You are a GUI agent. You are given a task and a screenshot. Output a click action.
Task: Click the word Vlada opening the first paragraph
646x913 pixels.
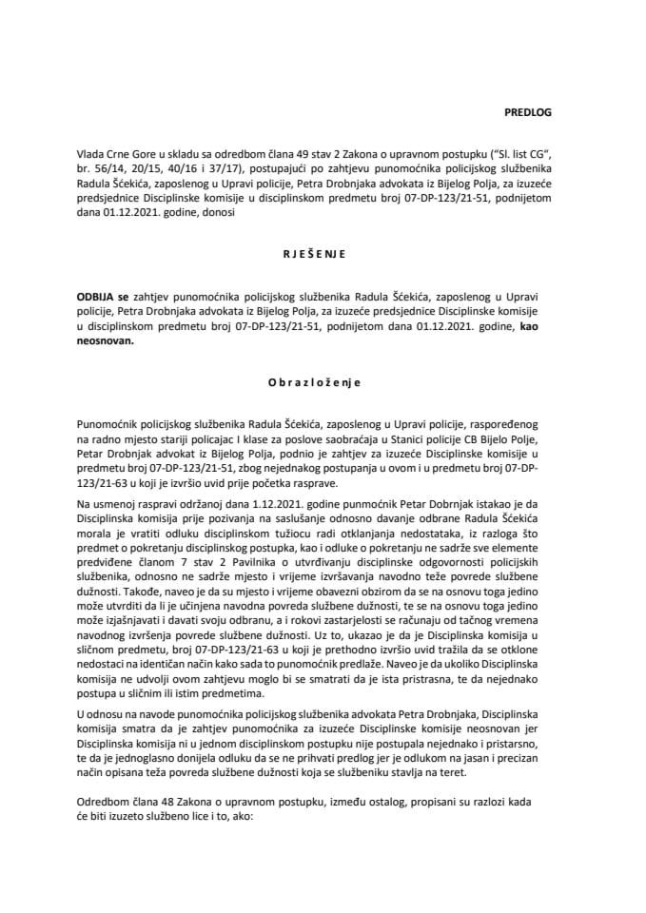pyautogui.click(x=93, y=152)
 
